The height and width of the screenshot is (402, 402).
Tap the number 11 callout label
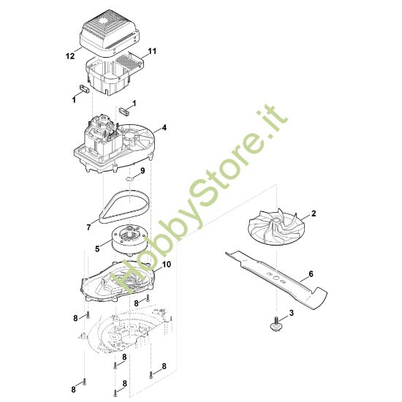pyautogui.click(x=153, y=51)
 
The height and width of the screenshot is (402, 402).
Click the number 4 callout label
pyautogui.click(x=164, y=127)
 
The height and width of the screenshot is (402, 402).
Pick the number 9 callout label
pyautogui.click(x=143, y=172)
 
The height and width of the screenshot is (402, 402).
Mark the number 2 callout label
pyautogui.click(x=314, y=214)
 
